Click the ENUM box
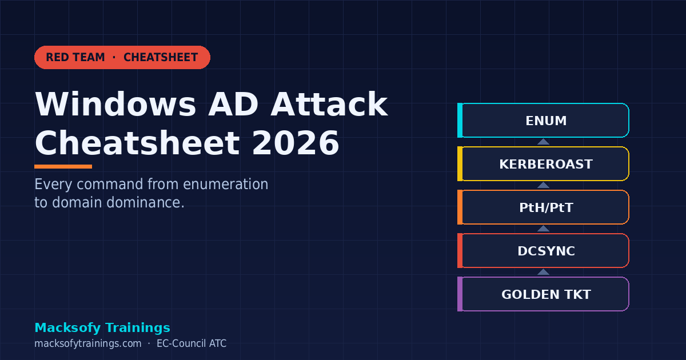pos(545,121)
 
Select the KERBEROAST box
pos(545,164)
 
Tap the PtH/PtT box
pos(545,207)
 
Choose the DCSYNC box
pos(545,251)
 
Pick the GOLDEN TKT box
pos(545,294)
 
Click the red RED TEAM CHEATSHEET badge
pos(122,57)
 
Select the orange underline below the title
pos(63,167)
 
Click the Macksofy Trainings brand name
pos(102,327)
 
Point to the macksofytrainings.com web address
pos(87,343)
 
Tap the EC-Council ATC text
pos(192,343)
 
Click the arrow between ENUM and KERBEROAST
pos(543,142)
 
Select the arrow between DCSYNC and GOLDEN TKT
pos(543,272)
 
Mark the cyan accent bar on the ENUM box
pos(460,121)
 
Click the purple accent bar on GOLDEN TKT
pos(460,294)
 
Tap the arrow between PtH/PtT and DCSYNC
pos(543,229)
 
